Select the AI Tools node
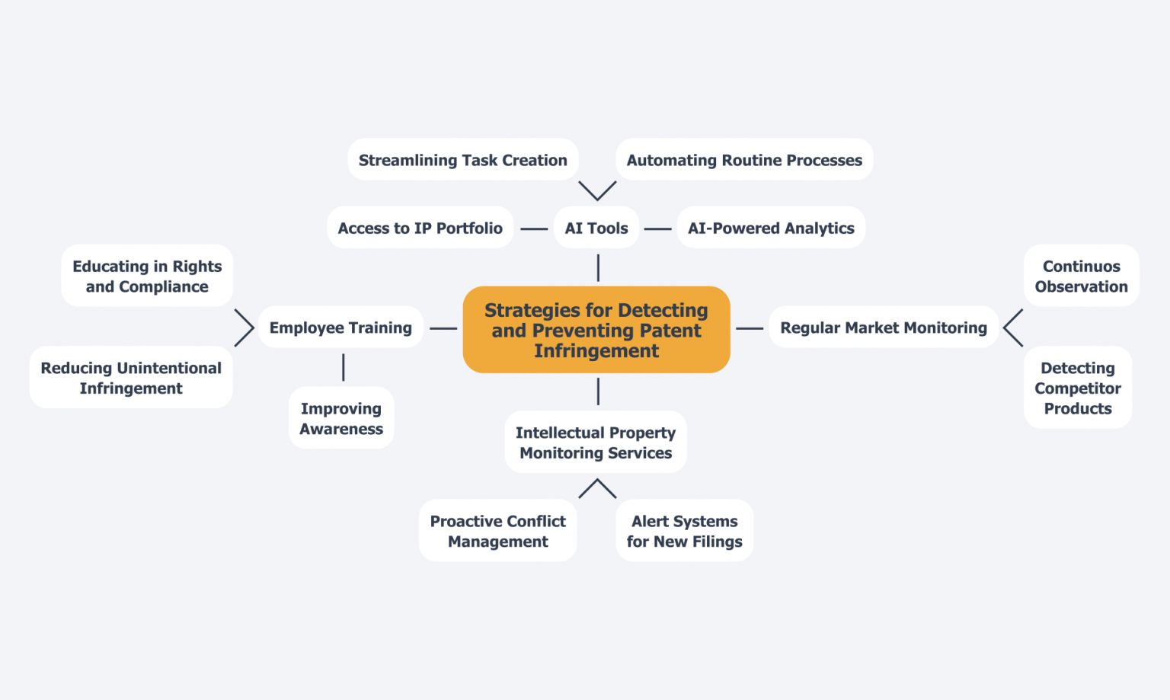point(596,228)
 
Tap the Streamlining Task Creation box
point(462,160)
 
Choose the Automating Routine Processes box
point(744,160)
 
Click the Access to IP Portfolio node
point(420,228)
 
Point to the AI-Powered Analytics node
point(771,228)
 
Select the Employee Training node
point(340,328)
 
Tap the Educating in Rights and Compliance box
point(147,276)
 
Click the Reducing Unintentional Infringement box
point(131,378)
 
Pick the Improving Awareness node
point(341,418)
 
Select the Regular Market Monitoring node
point(884,328)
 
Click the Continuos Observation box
point(1081,276)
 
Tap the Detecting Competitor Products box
point(1077,388)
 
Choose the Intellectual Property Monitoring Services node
point(596,443)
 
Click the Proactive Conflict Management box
point(497,531)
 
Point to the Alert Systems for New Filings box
point(684,531)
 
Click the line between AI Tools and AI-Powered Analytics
point(657,229)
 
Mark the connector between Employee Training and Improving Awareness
point(344,367)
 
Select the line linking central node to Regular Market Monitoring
point(750,328)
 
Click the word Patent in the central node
point(670,331)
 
